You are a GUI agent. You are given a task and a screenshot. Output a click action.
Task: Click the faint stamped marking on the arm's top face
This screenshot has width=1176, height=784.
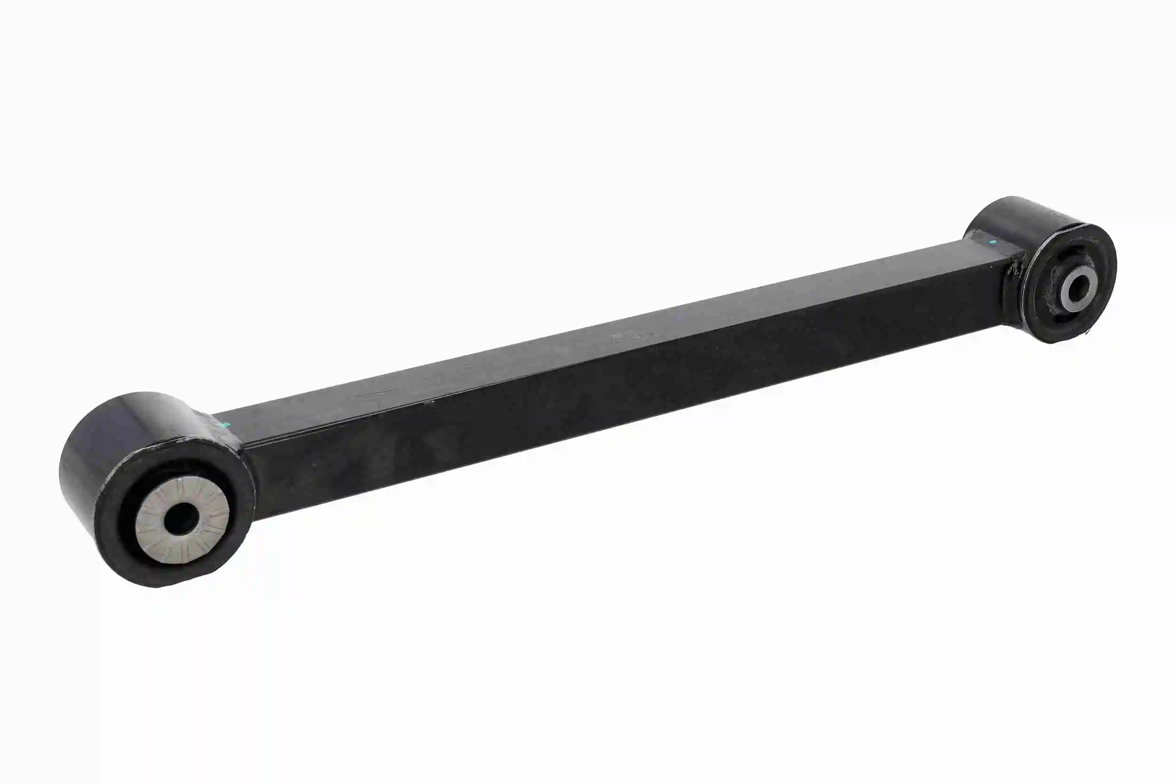pos(629,338)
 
